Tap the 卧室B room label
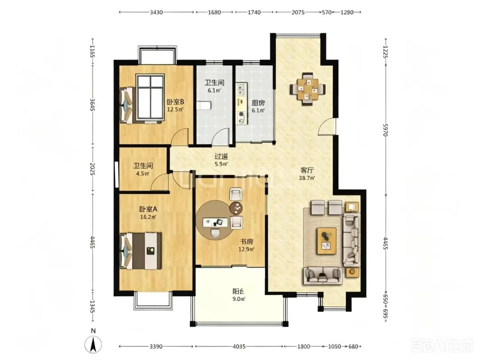coord(175,102)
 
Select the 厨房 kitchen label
coord(258,103)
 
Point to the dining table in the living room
coord(308,89)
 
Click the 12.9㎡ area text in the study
coord(246,249)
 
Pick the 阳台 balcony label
coord(239,291)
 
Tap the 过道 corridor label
coord(221,156)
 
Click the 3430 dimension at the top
coord(156,12)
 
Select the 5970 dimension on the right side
coord(386,130)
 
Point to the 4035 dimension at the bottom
coord(239,347)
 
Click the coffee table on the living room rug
coord(327,240)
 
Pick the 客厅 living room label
coord(307,170)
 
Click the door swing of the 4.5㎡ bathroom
coord(160,183)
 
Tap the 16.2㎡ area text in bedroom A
coord(148,217)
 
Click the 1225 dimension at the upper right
coord(386,52)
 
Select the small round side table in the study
coord(236,208)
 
